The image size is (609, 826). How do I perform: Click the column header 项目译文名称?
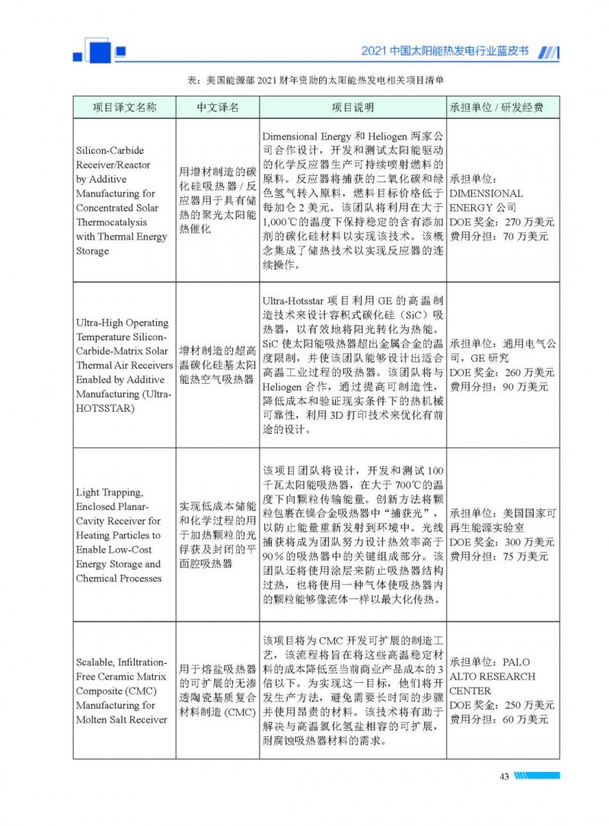124,108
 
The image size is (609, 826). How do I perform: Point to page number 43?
504,777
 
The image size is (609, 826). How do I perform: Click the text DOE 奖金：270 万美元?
502,222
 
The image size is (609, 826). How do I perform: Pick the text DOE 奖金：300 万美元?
502,542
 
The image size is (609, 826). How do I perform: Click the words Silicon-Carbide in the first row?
110,151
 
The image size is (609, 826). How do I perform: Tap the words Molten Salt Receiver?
121,719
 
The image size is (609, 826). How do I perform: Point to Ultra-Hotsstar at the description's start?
295,301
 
